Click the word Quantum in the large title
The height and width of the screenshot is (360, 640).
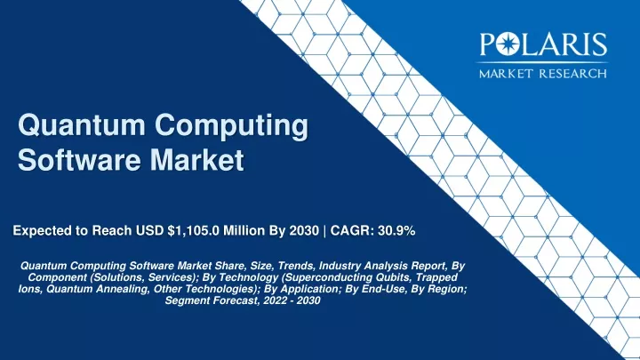(81, 125)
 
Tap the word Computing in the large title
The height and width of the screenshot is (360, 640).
(231, 127)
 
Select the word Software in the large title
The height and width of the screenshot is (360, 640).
(80, 159)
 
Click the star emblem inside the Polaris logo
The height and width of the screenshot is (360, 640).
(508, 44)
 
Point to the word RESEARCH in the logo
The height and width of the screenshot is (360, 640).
(573, 74)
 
